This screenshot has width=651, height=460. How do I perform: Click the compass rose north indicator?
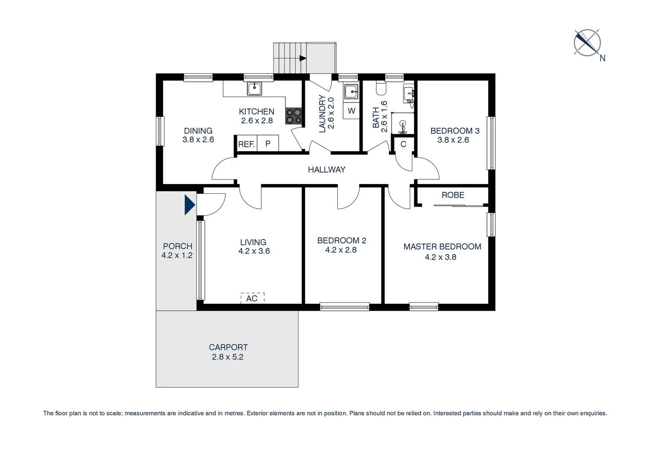(588, 43)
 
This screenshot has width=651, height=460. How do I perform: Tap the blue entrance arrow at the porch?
(189, 205)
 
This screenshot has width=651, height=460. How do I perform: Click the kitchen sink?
(255, 89)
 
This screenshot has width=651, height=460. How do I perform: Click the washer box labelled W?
(351, 111)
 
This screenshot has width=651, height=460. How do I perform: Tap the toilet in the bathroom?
(381, 88)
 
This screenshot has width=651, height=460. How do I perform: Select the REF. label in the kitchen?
(246, 144)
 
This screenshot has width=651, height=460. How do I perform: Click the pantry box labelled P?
(268, 144)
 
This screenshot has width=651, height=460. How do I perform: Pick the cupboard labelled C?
(403, 144)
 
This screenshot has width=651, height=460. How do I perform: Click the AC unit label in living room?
(252, 298)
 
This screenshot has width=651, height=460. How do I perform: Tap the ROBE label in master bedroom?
(453, 195)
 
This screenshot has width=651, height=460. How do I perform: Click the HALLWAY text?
(326, 170)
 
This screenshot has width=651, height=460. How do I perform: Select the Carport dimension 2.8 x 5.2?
(228, 357)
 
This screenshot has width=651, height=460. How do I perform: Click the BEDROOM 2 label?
(341, 241)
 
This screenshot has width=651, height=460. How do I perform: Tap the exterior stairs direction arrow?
(303, 58)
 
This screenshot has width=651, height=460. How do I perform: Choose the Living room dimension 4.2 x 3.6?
(254, 251)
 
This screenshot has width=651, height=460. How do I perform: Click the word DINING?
(198, 131)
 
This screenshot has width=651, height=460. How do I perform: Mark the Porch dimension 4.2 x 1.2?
(177, 256)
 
